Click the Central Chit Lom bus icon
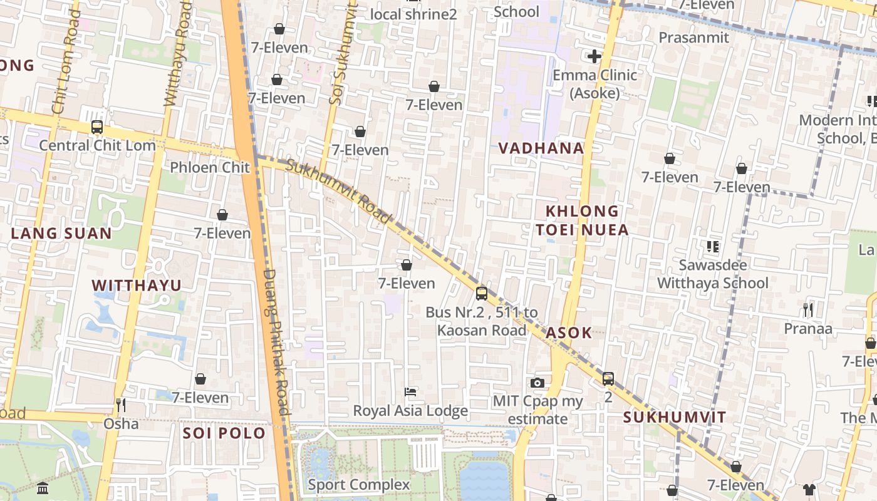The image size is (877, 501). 97,127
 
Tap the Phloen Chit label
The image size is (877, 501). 210,167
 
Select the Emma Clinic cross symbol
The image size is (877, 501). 594,56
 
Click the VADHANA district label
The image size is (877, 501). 541,148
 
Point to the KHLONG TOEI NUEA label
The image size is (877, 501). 582,220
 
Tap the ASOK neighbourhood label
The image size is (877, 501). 569,333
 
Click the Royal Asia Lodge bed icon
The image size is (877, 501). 410,392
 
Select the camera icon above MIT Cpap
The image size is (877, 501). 537,383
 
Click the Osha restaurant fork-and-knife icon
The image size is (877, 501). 121,405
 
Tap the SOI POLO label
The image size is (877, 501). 224,433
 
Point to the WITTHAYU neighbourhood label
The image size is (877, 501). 137,286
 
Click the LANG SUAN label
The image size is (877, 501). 61,234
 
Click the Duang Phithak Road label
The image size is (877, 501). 277,343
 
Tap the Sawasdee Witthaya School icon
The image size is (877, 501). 713,247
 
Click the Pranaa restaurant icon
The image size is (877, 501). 808,309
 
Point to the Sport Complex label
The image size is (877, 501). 359,485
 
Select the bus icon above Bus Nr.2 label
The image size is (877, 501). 481,293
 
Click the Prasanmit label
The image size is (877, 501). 694,38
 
